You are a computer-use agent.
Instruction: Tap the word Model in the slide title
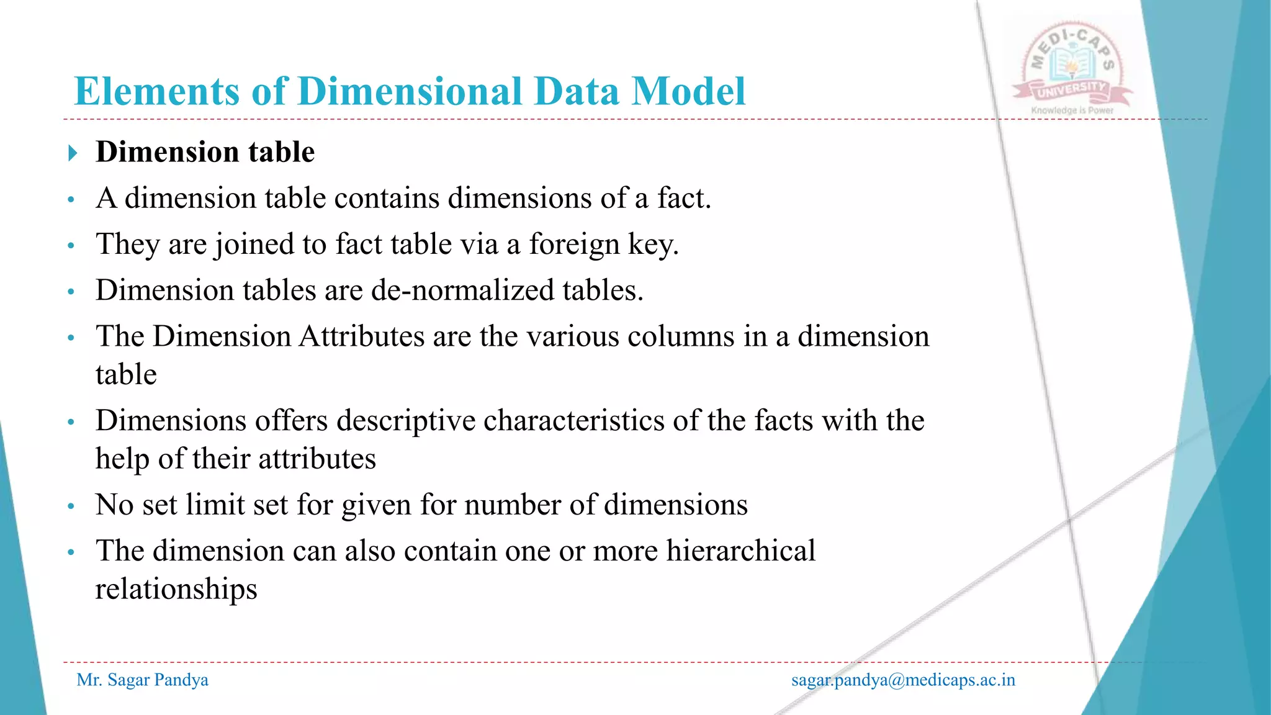click(688, 92)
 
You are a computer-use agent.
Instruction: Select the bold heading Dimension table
click(205, 152)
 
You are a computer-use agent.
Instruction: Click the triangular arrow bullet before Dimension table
click(73, 153)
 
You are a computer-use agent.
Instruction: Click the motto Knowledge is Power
click(1072, 110)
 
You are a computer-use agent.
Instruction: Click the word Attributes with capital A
click(361, 336)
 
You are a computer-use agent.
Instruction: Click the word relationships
click(176, 589)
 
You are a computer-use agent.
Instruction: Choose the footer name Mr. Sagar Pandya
click(142, 680)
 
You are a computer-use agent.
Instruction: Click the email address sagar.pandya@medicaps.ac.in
click(903, 680)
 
